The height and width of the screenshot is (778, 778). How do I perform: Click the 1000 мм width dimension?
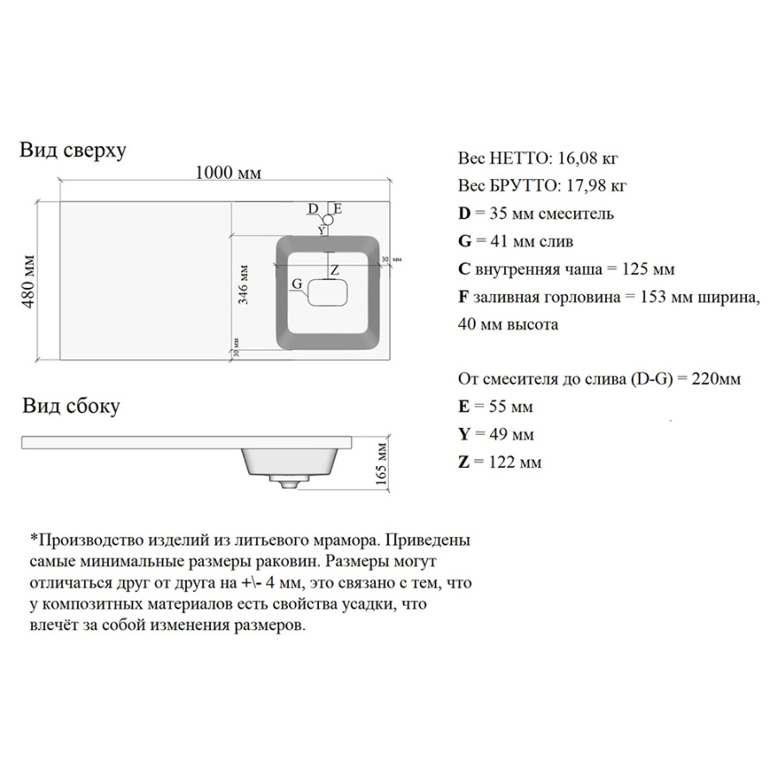(x=227, y=172)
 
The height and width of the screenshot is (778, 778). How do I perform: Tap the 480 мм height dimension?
(x=29, y=281)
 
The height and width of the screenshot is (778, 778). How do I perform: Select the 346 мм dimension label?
(x=243, y=284)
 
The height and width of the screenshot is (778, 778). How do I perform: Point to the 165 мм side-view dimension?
(x=381, y=463)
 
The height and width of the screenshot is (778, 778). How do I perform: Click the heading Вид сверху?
(x=73, y=150)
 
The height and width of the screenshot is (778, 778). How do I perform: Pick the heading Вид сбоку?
(x=71, y=406)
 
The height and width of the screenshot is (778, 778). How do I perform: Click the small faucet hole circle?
(x=328, y=220)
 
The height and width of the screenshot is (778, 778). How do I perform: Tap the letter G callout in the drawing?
(x=297, y=284)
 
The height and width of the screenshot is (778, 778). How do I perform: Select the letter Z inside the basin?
(x=335, y=271)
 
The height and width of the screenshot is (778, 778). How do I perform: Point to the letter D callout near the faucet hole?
(x=313, y=208)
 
